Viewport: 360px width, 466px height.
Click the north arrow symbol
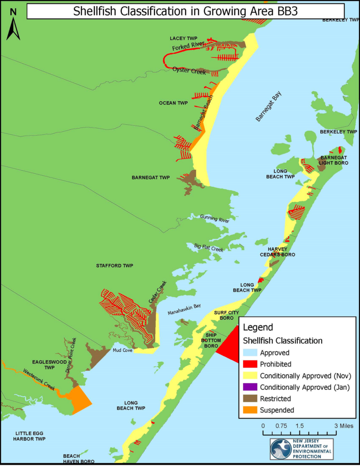click(13, 25)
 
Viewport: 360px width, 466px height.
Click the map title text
click(185, 11)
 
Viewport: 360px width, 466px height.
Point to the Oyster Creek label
click(189, 70)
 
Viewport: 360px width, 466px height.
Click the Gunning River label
click(214, 220)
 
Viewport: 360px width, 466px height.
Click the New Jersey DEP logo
click(301, 449)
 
